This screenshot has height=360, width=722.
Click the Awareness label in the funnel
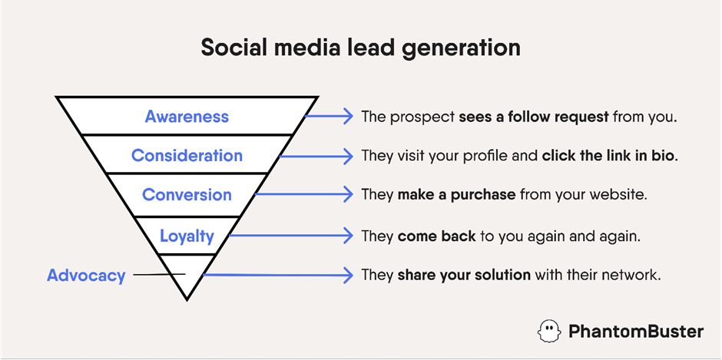pyautogui.click(x=187, y=117)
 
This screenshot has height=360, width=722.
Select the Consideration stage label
pyautogui.click(x=187, y=156)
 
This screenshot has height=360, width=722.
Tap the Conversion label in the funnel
pyautogui.click(x=187, y=194)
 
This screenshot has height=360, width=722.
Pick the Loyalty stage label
pyautogui.click(x=187, y=236)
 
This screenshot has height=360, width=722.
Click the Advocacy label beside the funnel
pyautogui.click(x=86, y=276)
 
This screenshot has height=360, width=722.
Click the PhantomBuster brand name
pyautogui.click(x=636, y=332)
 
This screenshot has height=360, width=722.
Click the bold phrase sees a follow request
pyautogui.click(x=534, y=117)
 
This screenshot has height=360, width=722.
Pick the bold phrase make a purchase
pyautogui.click(x=456, y=195)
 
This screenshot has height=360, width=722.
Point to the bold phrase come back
pyautogui.click(x=436, y=236)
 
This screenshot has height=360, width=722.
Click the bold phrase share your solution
pyautogui.click(x=464, y=276)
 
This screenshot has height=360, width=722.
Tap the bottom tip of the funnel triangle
pyautogui.click(x=187, y=299)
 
